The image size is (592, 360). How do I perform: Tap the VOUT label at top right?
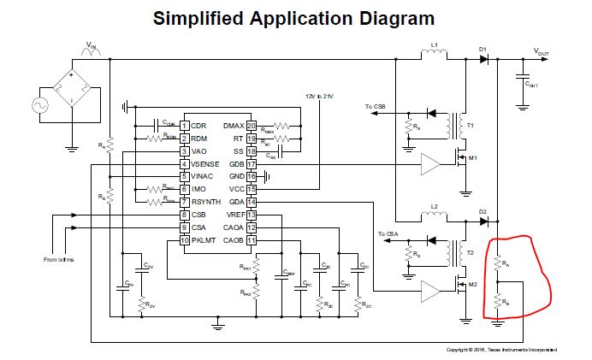[x=542, y=52]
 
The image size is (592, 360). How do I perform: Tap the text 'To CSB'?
[x=375, y=107]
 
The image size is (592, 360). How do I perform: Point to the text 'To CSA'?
[x=387, y=233]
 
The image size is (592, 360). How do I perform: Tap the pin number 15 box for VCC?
[x=252, y=188]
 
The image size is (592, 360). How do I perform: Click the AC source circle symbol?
[x=38, y=105]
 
